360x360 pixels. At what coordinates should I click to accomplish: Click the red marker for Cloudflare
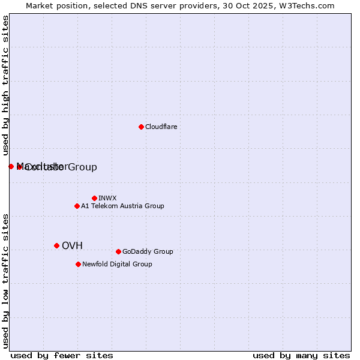tap(141, 127)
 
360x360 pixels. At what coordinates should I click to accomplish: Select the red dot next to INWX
tap(94, 198)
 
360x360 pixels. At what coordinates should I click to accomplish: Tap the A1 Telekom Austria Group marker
tap(77, 206)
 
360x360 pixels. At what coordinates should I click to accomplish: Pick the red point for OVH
tap(56, 245)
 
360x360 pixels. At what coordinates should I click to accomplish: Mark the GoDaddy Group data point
tap(118, 251)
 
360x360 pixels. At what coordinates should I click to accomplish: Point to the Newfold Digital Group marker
tap(78, 264)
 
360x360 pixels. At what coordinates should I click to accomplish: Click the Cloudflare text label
tap(161, 127)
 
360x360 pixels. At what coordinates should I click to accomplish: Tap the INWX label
tap(107, 198)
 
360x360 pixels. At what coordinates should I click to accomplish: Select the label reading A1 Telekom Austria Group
tap(122, 206)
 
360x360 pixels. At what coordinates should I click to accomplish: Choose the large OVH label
tap(72, 245)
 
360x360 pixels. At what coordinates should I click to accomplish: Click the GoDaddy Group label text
tap(148, 251)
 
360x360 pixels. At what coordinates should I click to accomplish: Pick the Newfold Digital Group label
tap(117, 264)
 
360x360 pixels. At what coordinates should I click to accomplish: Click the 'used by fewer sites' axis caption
tap(62, 355)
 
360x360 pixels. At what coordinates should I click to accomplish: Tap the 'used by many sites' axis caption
tap(301, 355)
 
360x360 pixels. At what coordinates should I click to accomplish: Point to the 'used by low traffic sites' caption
tap(6, 281)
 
